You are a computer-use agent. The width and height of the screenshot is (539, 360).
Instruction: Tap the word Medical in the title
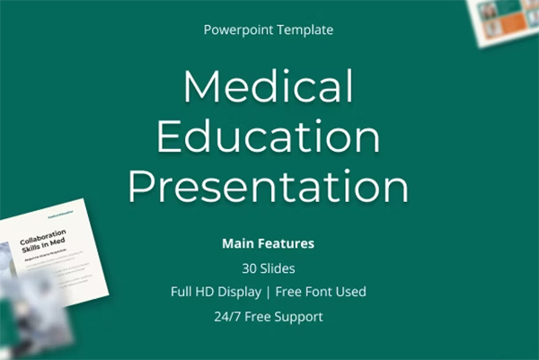tap(268, 88)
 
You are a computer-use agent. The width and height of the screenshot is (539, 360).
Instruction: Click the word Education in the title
tap(268, 137)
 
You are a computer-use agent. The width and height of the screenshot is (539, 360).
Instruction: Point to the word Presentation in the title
tap(268, 187)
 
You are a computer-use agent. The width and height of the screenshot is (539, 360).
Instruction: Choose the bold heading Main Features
tap(268, 243)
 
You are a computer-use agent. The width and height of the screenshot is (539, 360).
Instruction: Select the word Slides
tap(278, 268)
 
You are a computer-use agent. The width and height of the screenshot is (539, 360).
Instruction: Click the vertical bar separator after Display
tap(267, 292)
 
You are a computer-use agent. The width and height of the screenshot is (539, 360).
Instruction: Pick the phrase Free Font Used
tap(321, 292)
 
